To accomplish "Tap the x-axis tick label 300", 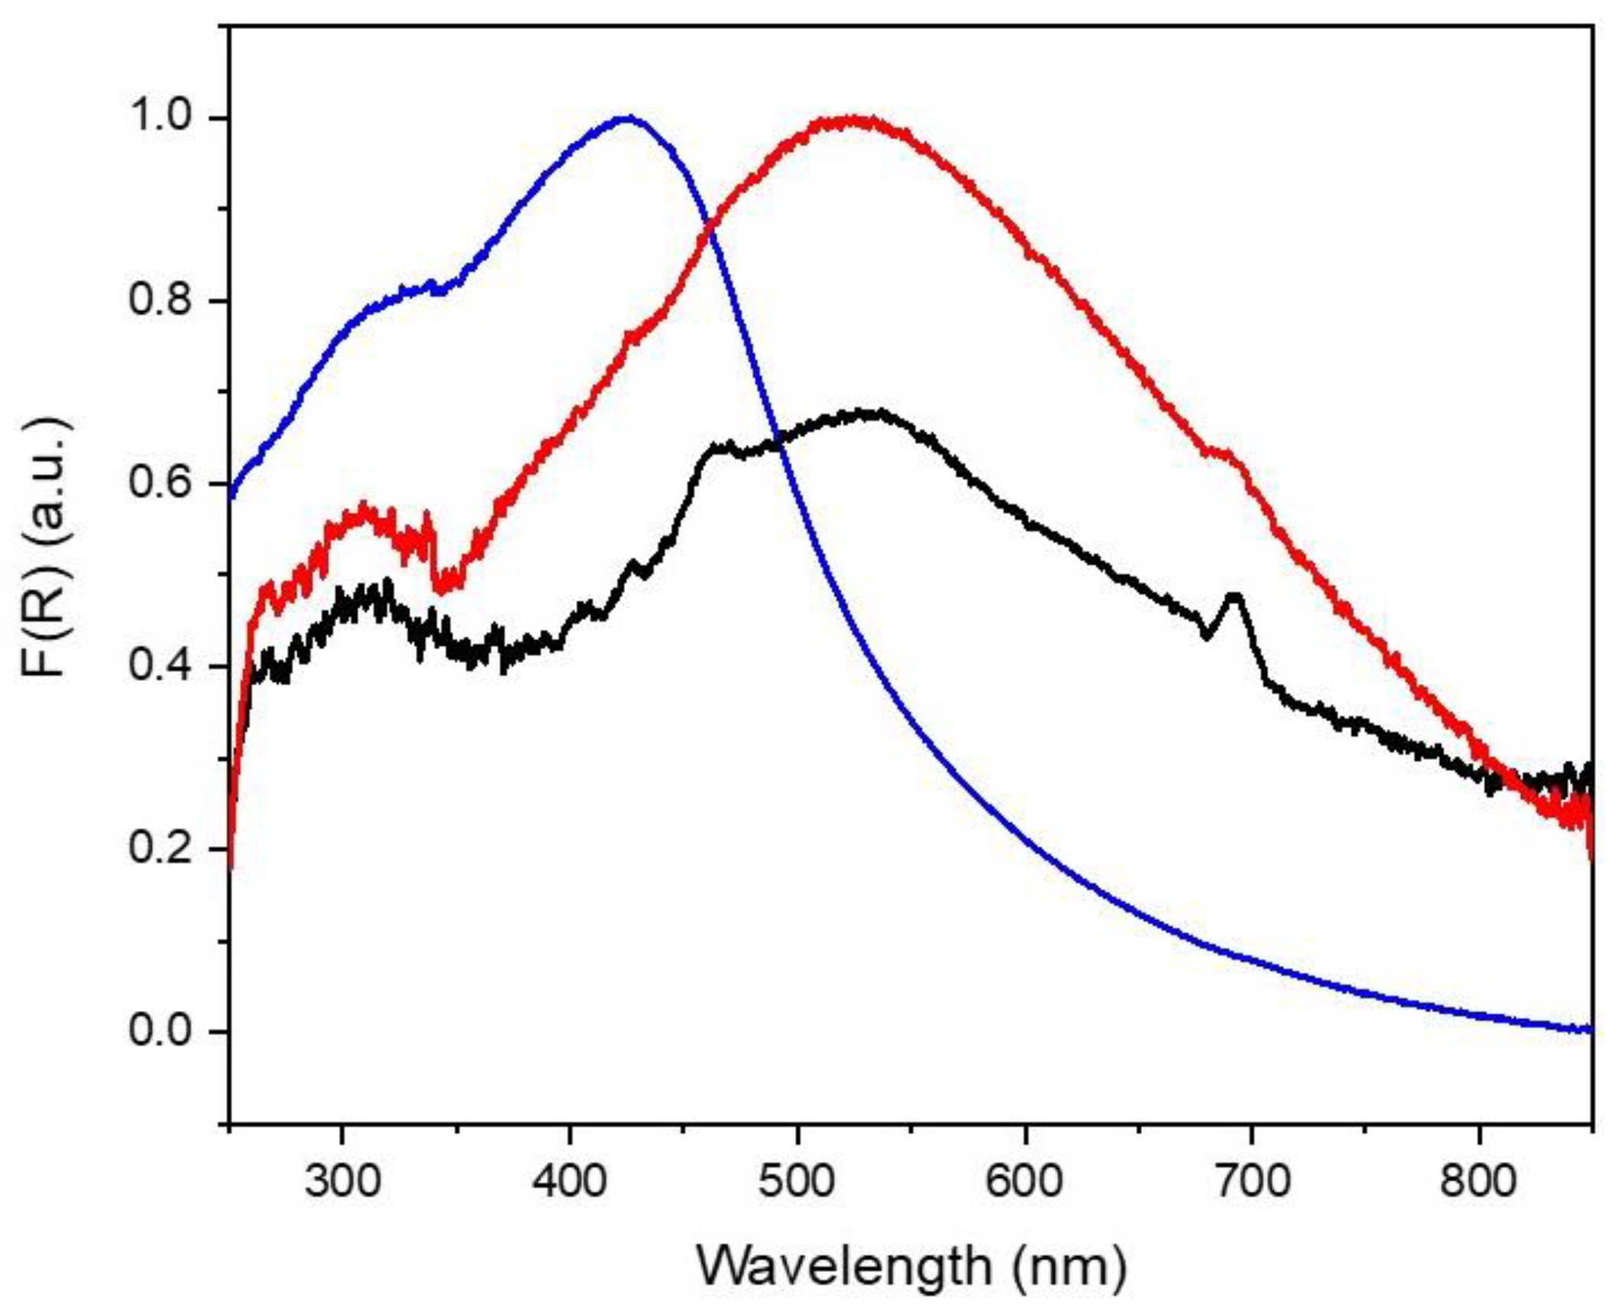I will (x=342, y=1181).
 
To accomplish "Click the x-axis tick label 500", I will (x=797, y=1181).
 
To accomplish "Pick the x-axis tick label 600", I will (x=1025, y=1181).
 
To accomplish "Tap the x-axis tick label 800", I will (x=1478, y=1181).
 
